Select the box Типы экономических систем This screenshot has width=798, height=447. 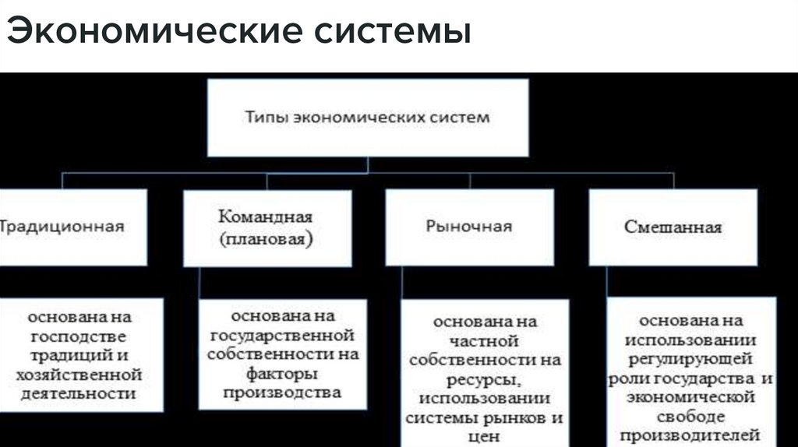click(367, 118)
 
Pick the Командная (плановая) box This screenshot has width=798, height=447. click(264, 227)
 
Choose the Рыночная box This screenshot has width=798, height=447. click(468, 227)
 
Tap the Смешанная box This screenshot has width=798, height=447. click(673, 227)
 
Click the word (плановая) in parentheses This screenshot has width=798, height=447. click(265, 238)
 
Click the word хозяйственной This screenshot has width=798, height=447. click(79, 375)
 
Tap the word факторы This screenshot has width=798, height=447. click(281, 374)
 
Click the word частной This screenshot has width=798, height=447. click(484, 340)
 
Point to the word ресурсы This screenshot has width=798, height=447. click(483, 379)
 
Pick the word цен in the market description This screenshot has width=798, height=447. click(484, 437)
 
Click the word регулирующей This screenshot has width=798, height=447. click(691, 359)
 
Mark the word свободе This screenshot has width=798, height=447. click(690, 416)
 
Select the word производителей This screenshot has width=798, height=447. click(690, 435)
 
